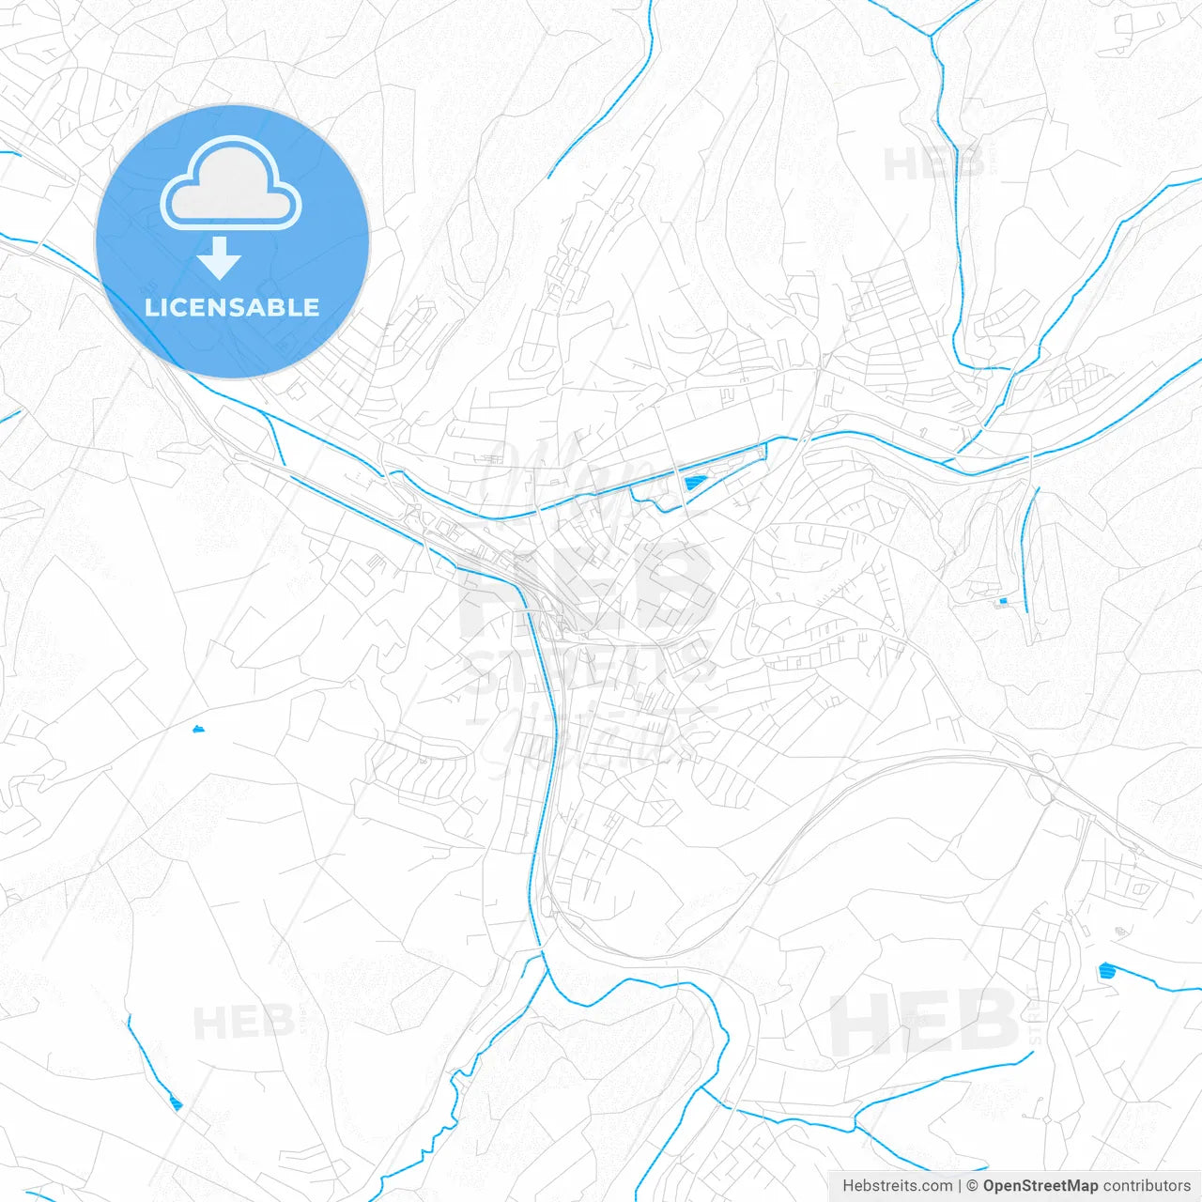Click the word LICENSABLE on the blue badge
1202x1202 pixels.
click(x=232, y=307)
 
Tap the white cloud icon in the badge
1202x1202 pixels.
click(x=231, y=184)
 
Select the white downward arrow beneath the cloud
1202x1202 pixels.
click(x=220, y=257)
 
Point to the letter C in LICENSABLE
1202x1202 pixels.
click(x=181, y=307)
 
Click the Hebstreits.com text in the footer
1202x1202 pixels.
click(x=897, y=1186)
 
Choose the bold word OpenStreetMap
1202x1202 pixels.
click(x=1040, y=1186)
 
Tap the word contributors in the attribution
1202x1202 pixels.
click(x=1146, y=1186)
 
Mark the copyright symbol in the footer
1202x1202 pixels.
click(x=972, y=1186)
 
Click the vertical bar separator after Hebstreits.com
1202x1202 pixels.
click(x=959, y=1186)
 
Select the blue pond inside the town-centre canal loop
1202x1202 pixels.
click(x=693, y=483)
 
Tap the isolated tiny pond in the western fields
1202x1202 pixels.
click(x=197, y=729)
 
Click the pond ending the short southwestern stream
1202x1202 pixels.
click(x=176, y=1103)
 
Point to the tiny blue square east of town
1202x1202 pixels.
click(x=1003, y=601)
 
